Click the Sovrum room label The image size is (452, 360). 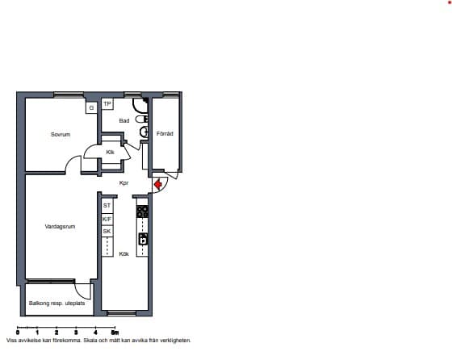(61, 134)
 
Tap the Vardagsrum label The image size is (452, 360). (60, 227)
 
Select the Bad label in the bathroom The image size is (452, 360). (124, 121)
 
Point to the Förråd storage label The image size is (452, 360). (165, 134)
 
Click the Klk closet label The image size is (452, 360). (110, 152)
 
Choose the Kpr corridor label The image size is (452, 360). (124, 183)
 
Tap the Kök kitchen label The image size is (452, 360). (124, 254)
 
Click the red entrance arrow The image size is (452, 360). (158, 185)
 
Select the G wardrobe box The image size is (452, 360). (91, 108)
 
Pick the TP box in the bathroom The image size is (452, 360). (107, 104)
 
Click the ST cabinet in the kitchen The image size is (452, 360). (107, 206)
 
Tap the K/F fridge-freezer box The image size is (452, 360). (107, 220)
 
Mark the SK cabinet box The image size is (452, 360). (107, 231)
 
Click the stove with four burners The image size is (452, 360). (142, 211)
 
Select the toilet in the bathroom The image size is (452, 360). (142, 119)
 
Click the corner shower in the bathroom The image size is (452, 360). (140, 105)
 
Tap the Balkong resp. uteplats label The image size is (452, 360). (56, 303)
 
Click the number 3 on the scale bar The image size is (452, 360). (76, 333)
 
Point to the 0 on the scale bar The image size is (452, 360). (18, 333)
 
